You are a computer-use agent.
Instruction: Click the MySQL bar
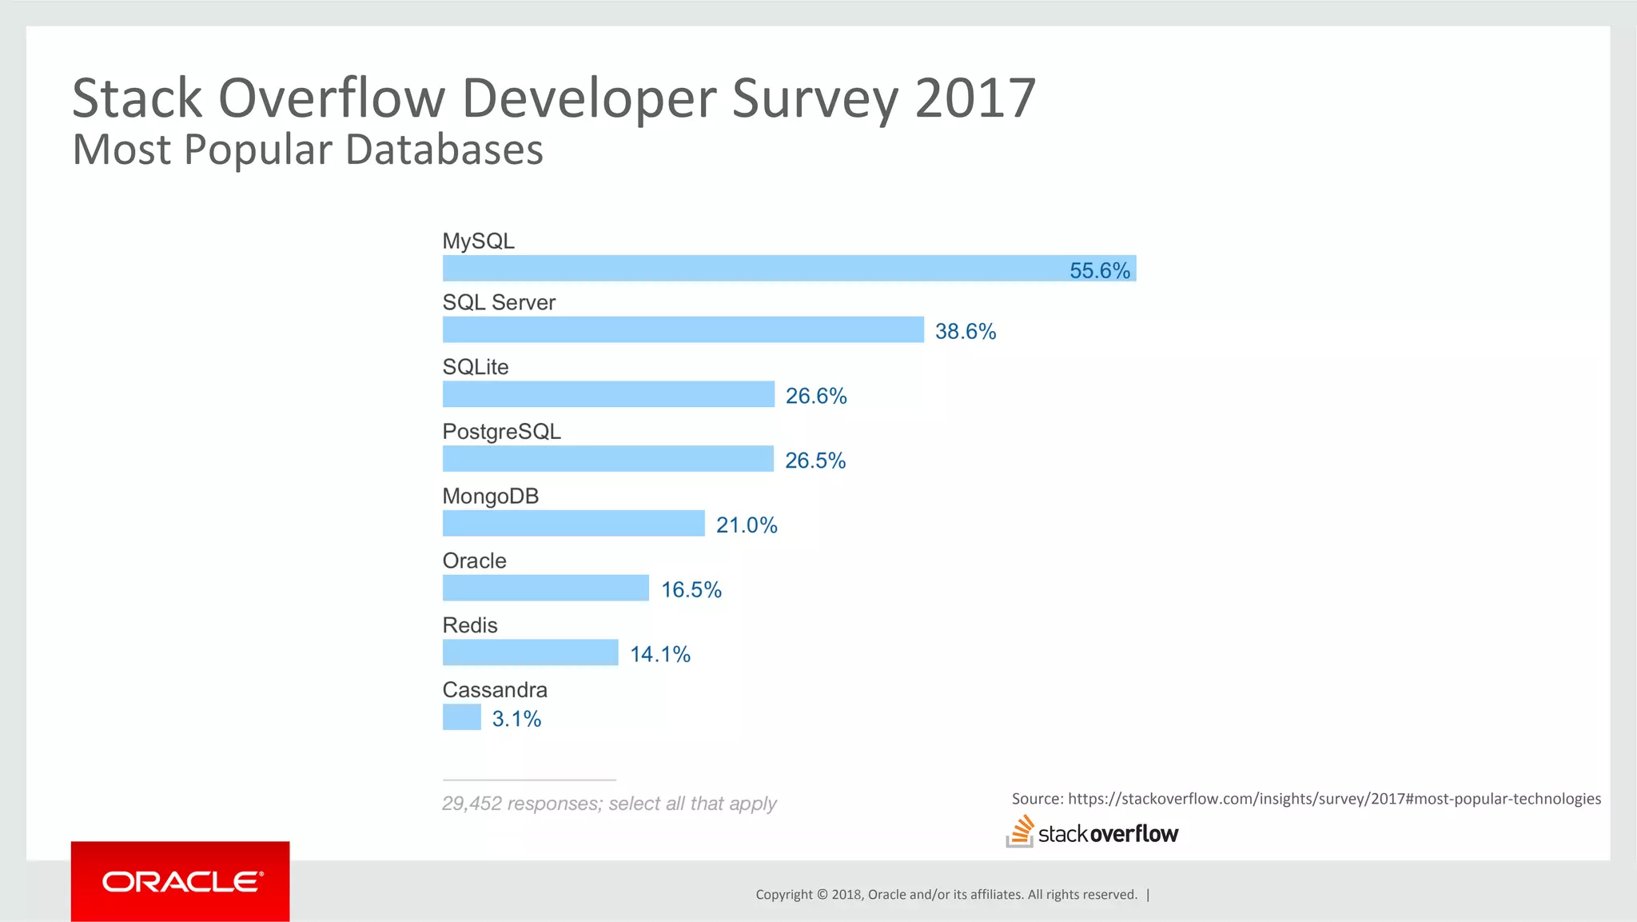click(751, 269)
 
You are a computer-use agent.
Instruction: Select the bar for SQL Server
click(683, 329)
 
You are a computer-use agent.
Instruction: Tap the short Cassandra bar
click(461, 717)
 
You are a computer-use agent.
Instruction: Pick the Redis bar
click(530, 653)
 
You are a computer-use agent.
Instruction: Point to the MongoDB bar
click(573, 524)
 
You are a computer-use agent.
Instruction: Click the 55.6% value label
click(1100, 270)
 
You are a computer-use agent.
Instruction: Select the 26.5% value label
click(815, 461)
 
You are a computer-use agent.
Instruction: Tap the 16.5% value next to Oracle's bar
click(691, 590)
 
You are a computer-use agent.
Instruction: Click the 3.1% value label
click(516, 719)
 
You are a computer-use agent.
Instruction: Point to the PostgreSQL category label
click(501, 432)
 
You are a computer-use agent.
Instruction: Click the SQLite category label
click(475, 367)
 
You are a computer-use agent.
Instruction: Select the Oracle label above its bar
click(474, 561)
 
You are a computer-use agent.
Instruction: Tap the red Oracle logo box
click(180, 881)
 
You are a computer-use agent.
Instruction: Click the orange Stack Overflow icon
click(1020, 832)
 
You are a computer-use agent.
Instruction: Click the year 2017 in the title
click(974, 99)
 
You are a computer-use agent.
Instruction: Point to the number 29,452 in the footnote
click(472, 804)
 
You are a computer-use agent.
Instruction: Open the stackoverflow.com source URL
click(1334, 799)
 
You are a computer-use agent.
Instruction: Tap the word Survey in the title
click(815, 99)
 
